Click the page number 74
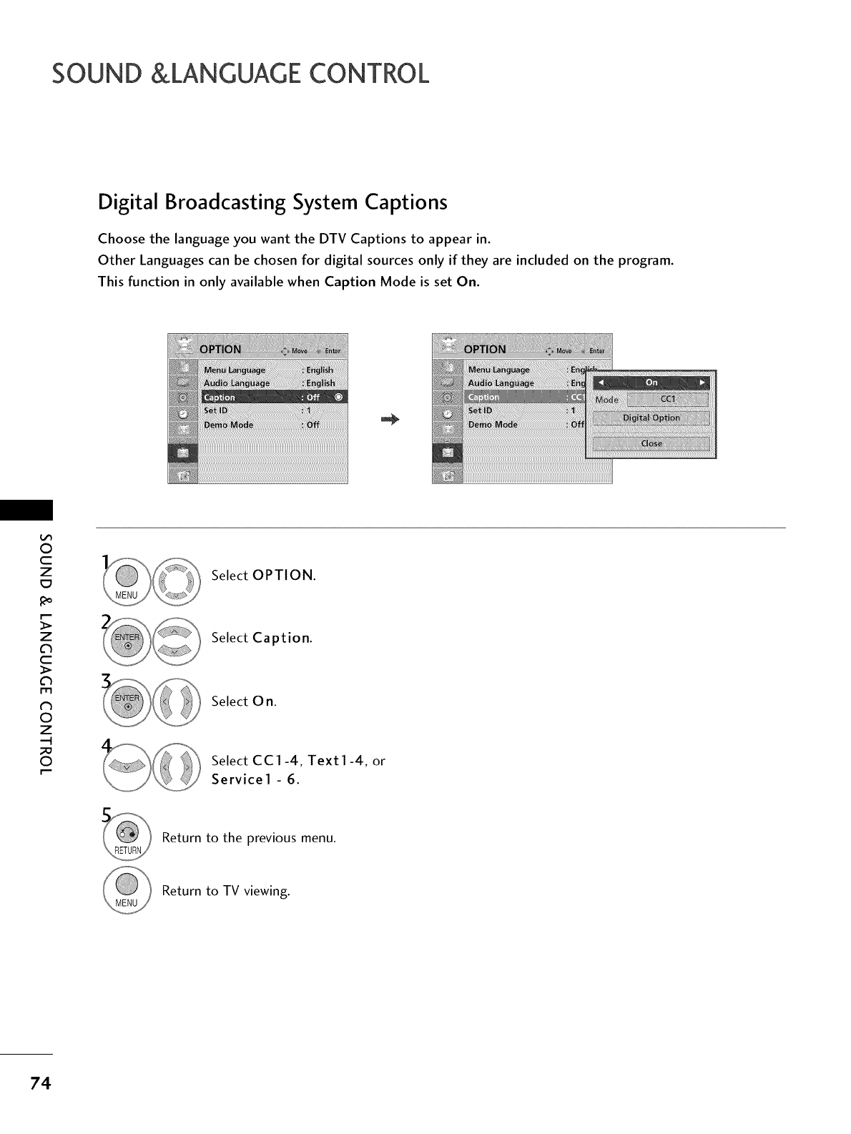40,1084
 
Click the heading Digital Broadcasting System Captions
272,202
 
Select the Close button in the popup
651,443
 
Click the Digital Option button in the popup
651,418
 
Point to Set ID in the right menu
480,410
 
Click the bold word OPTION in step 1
283,576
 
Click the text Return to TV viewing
226,891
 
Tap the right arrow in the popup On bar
703,383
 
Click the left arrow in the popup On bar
599,383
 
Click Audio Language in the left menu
237,383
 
